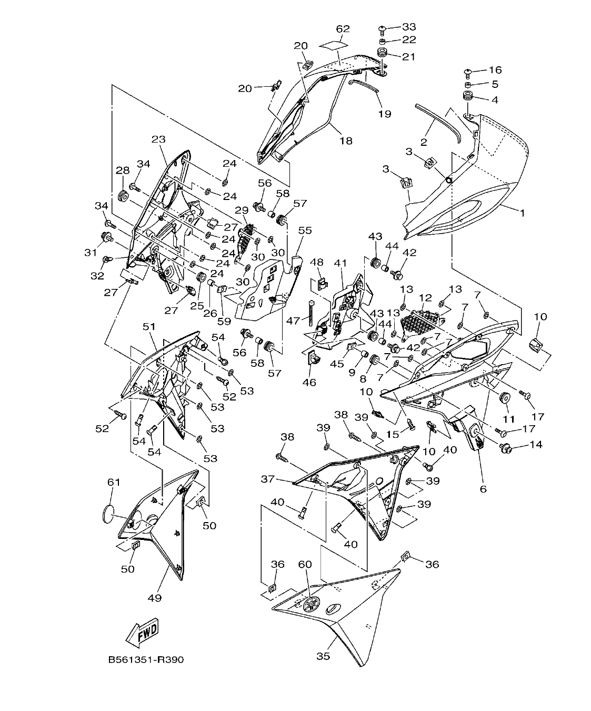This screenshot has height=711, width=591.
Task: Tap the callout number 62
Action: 343,29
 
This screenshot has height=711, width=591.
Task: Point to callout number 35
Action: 323,656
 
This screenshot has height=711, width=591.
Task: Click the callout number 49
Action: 155,598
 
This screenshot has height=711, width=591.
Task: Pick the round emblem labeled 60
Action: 312,604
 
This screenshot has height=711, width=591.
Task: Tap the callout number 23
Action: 158,139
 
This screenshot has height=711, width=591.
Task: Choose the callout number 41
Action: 340,263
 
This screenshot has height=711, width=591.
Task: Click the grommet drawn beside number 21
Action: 383,54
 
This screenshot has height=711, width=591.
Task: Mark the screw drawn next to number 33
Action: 383,27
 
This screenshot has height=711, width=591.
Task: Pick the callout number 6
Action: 483,489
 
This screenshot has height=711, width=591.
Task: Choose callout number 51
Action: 149,327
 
